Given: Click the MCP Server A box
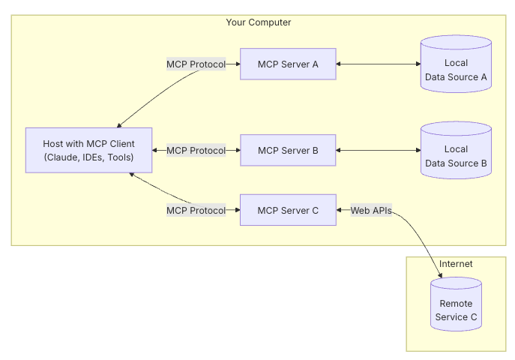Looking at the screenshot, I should pyautogui.click(x=288, y=64).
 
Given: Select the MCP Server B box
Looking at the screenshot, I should pyautogui.click(x=288, y=150).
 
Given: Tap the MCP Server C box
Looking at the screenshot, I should pyautogui.click(x=288, y=210).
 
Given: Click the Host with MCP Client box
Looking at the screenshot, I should pyautogui.click(x=88, y=150).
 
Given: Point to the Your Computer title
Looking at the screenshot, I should pyautogui.click(x=259, y=22).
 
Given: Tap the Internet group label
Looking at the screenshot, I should pyautogui.click(x=456, y=264).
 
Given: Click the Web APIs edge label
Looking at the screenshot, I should pyautogui.click(x=371, y=211).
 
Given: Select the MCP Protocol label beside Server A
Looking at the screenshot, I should pyautogui.click(x=196, y=64).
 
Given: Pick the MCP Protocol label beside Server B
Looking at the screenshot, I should pyautogui.click(x=196, y=151).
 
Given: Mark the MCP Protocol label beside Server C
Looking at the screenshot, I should pyautogui.click(x=196, y=211).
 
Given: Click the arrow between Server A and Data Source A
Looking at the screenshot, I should pyautogui.click(x=378, y=64).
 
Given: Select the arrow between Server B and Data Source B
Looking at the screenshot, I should pyautogui.click(x=378, y=151).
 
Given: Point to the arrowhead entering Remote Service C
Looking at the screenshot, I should pyautogui.click(x=440, y=275).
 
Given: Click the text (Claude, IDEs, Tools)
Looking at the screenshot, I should pyautogui.click(x=88, y=157).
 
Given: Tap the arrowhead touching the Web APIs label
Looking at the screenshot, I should pyautogui.click(x=340, y=211).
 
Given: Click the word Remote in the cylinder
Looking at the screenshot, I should pyautogui.click(x=456, y=304).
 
